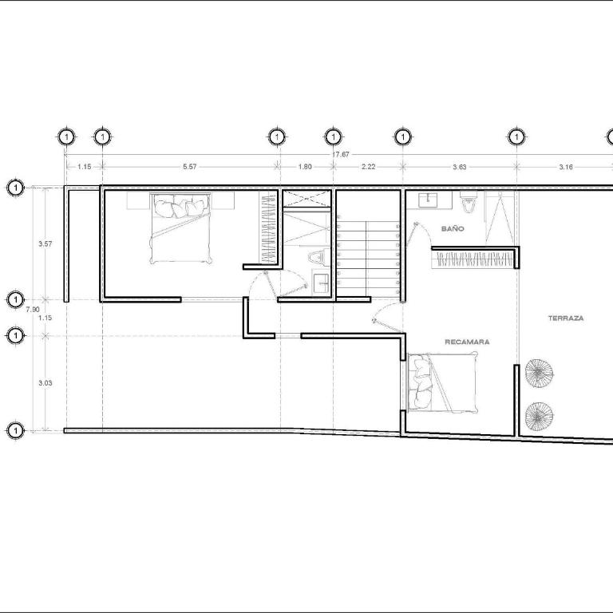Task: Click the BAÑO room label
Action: pyautogui.click(x=453, y=229)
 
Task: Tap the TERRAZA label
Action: pyautogui.click(x=566, y=318)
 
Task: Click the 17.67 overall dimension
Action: pyautogui.click(x=341, y=154)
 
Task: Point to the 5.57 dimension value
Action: pyautogui.click(x=190, y=167)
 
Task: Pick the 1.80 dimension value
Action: pyautogui.click(x=305, y=167)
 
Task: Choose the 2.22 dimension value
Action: pyautogui.click(x=368, y=167)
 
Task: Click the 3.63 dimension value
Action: pyautogui.click(x=460, y=167)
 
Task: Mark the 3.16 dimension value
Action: pyautogui.click(x=566, y=167)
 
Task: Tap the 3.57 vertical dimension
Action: pyautogui.click(x=45, y=244)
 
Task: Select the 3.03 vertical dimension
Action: pyautogui.click(x=45, y=383)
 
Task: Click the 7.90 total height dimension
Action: pyautogui.click(x=33, y=310)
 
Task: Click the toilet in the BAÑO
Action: pyautogui.click(x=468, y=201)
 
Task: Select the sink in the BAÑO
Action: pyautogui.click(x=429, y=200)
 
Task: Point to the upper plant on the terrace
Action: pyautogui.click(x=539, y=373)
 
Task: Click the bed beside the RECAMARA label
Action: pyautogui.click(x=442, y=383)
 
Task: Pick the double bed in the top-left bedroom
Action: pyautogui.click(x=180, y=228)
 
